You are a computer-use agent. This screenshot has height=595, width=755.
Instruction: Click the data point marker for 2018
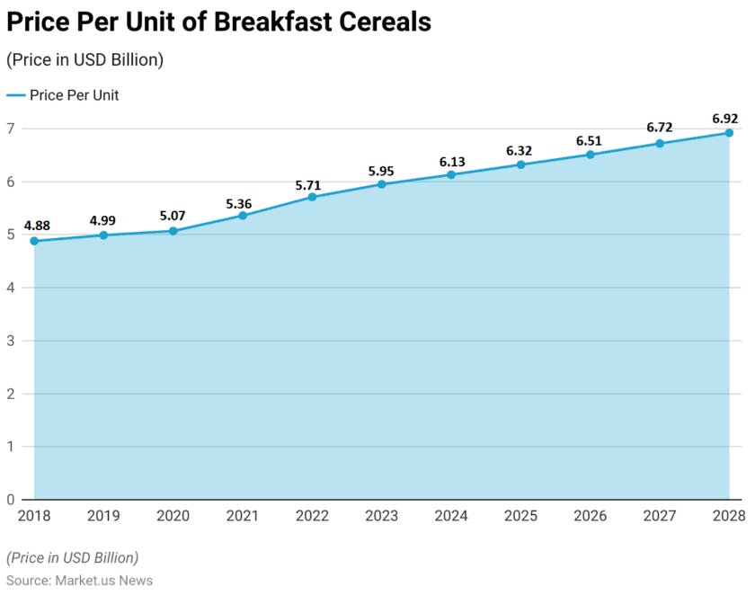coord(34,241)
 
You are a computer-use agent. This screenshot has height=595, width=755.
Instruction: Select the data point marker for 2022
coord(312,197)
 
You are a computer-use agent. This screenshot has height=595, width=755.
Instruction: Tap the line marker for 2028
coord(729,133)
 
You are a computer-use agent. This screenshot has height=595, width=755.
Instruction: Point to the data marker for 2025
coord(520,164)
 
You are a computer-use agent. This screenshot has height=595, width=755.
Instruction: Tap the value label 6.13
coord(451,161)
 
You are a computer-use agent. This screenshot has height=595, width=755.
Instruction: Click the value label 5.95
coord(381,170)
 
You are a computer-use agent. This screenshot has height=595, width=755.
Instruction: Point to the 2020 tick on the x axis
coord(173,516)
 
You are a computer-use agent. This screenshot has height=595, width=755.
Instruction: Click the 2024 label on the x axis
coord(451,516)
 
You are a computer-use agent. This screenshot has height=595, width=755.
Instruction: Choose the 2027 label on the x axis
coord(660,516)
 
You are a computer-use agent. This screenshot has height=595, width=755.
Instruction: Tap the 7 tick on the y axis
coord(11,129)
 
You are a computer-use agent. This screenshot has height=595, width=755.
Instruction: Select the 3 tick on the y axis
coord(11,341)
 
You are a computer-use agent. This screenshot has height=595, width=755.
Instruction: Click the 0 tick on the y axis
coord(11,500)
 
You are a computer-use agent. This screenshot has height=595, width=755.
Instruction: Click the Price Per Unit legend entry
coord(63,95)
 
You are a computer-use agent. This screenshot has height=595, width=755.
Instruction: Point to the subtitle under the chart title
coord(84,60)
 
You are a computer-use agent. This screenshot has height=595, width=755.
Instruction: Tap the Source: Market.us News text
coord(79,581)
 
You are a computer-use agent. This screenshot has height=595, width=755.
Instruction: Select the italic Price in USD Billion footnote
coord(73,557)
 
